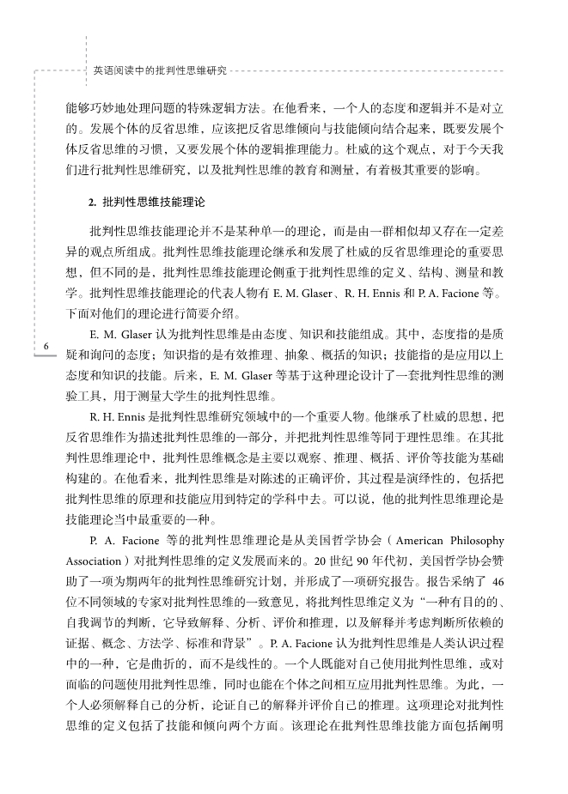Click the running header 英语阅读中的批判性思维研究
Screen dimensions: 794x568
159,73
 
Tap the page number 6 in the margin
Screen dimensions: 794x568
44,345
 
